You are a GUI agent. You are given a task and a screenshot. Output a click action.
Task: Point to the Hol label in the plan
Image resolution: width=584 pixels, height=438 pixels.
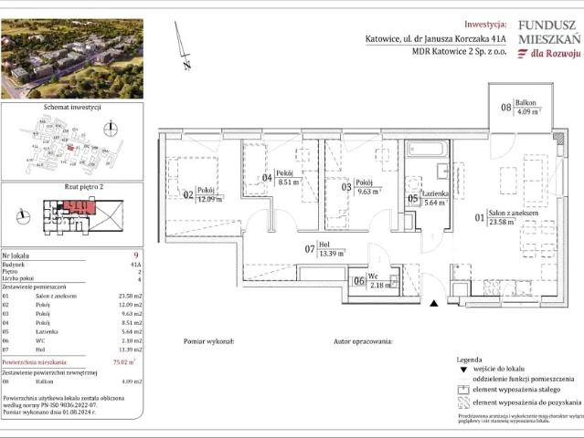coord(323,244)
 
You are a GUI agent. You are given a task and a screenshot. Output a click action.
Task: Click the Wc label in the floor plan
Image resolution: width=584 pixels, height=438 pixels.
coord(374,277)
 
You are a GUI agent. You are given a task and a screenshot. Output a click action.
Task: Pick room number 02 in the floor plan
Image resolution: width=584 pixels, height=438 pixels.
coord(188,194)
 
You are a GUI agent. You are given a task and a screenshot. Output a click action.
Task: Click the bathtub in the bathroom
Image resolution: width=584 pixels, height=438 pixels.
coord(424,148)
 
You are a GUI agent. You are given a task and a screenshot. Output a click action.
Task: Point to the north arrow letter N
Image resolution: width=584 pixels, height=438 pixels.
coord(186,65)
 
